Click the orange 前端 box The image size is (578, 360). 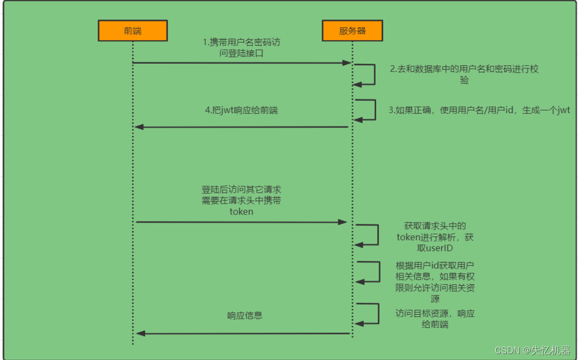tap(133, 30)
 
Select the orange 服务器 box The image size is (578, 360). tap(352, 30)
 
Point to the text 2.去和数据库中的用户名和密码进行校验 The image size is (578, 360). tap(464, 74)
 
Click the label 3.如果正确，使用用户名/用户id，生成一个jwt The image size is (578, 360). tap(479, 110)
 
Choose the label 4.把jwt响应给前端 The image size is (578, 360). tap(241, 110)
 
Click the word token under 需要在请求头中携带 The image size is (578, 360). tap(241, 211)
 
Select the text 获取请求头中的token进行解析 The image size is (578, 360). tap(435, 237)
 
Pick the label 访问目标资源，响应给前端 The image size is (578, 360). tap(435, 319)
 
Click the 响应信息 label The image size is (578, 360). tap(245, 315)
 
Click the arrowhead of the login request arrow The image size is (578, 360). tap(347, 63)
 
